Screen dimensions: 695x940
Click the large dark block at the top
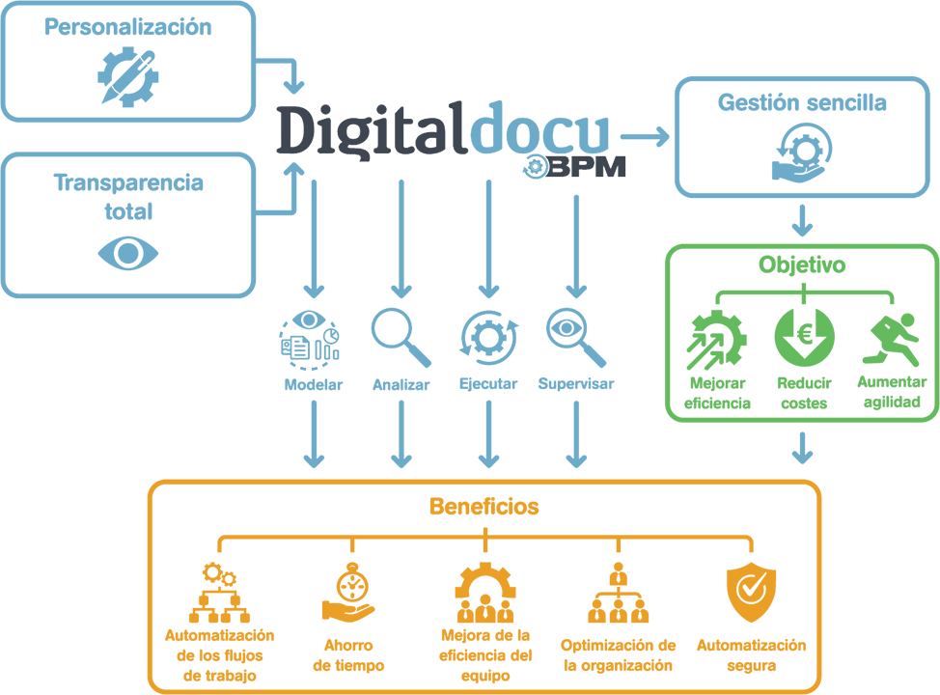(376, 127)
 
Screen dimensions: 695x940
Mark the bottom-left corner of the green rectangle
(667, 422)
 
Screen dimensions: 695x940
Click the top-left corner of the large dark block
(272, 101)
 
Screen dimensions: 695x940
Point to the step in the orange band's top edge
(302, 467)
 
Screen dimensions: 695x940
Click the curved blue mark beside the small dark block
(545, 167)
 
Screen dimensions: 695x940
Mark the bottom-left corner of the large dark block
(273, 153)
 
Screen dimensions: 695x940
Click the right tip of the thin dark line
(523, 157)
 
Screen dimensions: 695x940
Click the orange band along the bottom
(463, 589)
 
